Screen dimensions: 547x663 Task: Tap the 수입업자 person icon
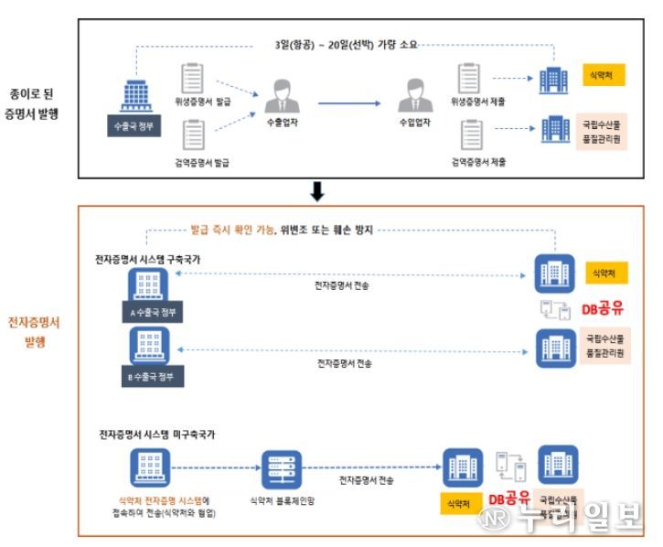tap(415, 95)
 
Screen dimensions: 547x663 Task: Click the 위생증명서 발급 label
tap(202, 101)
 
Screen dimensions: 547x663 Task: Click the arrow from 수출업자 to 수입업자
tap(348, 102)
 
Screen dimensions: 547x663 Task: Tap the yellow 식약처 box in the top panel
tap(603, 74)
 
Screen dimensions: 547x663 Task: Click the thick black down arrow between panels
tap(317, 191)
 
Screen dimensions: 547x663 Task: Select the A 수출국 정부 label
tap(153, 311)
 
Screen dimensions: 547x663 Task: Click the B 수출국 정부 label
tap(153, 376)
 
